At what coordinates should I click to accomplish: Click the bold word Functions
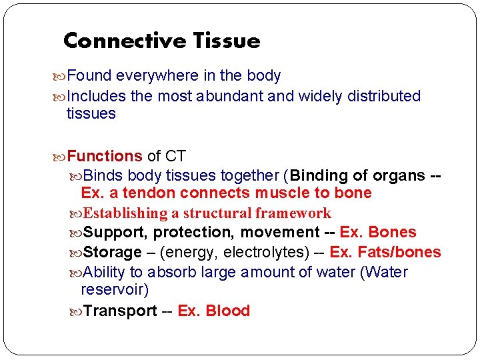click(x=105, y=157)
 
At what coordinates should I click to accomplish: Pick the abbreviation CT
click(x=175, y=157)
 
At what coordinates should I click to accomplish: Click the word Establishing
click(x=126, y=213)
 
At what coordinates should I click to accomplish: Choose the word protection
click(x=195, y=233)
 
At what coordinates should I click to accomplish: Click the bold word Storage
click(x=113, y=253)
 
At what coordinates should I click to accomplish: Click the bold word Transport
click(x=121, y=311)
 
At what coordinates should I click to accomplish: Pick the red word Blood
click(x=228, y=311)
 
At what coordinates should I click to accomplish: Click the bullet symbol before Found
click(x=61, y=77)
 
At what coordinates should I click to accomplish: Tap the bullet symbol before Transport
click(x=78, y=311)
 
